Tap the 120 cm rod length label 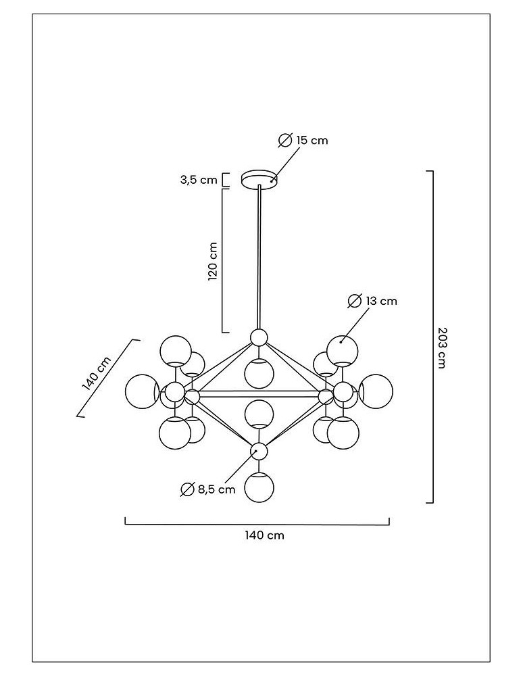213,261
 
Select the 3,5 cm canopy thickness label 199,180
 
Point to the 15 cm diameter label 312,140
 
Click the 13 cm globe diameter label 381,301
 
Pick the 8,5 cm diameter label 217,489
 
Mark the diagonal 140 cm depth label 95,373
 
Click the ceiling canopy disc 259,179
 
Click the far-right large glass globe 376,391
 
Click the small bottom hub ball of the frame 258,450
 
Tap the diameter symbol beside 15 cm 285,141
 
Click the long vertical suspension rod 259,257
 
